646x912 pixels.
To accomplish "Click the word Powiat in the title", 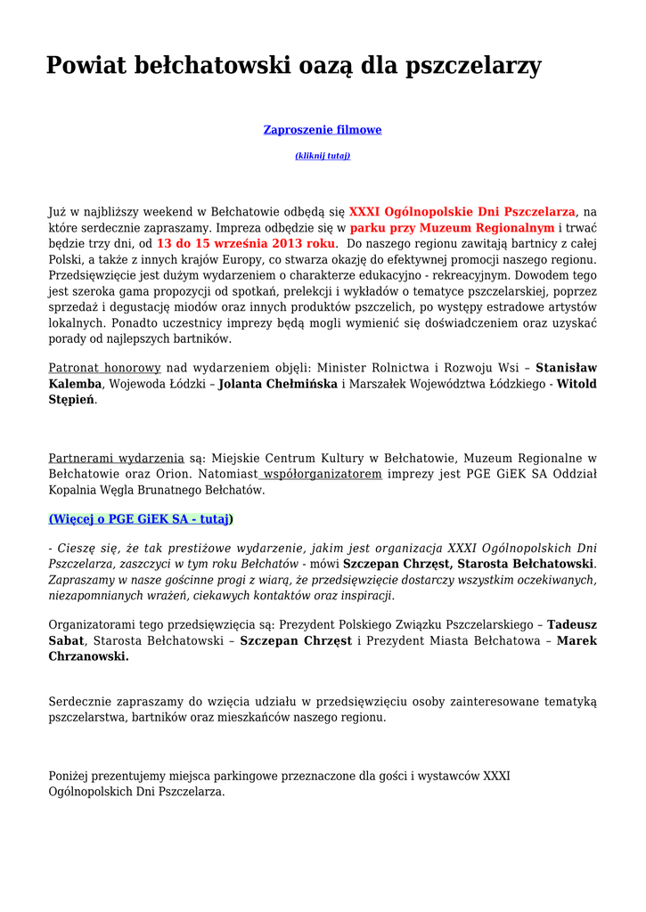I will pos(86,65).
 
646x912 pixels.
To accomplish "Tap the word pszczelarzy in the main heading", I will pos(472,65).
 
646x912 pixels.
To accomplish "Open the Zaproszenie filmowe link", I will pos(322,130).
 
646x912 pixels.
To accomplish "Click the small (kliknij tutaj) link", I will pos(322,156).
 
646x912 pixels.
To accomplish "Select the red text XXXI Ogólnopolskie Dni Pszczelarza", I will pos(462,212).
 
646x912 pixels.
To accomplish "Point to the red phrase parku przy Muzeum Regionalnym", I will pos(452,229).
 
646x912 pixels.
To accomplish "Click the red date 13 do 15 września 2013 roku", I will pos(246,244).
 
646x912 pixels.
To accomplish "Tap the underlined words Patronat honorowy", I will pos(104,367).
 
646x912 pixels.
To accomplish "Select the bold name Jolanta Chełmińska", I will pos(278,384).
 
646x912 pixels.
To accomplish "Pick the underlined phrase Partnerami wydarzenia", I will pos(116,458).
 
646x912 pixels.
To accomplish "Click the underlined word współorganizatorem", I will pos(322,475).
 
